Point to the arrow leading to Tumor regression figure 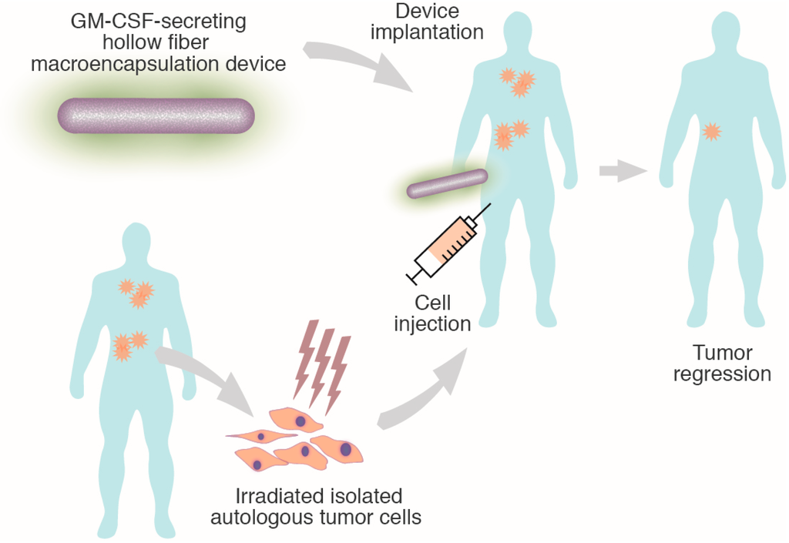click(x=621, y=171)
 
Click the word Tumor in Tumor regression click(x=721, y=353)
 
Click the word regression click(x=722, y=374)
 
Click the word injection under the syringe click(x=432, y=323)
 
